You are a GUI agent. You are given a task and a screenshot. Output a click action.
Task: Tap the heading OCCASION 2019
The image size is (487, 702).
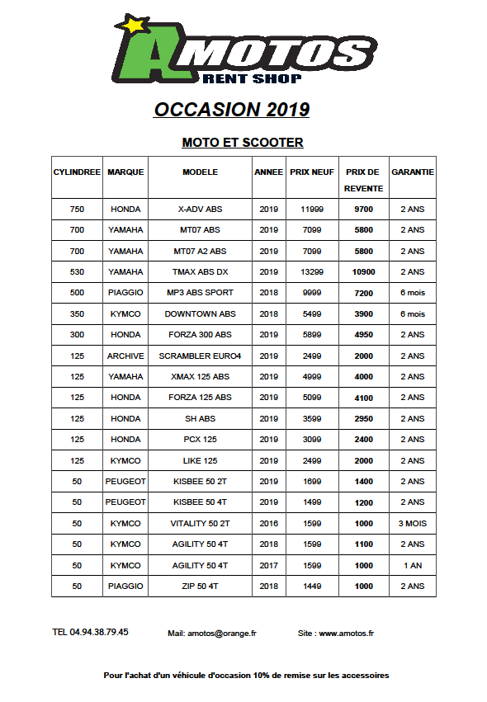232,110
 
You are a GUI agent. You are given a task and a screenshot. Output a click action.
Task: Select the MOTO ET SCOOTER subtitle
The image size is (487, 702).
243,143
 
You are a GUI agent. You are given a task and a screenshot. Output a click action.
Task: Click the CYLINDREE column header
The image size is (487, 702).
77,172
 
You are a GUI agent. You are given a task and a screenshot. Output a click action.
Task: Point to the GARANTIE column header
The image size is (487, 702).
413,172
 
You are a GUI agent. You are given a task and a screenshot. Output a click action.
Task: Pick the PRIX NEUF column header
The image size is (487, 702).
312,172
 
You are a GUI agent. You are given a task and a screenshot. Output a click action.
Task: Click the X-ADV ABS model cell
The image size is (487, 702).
200,210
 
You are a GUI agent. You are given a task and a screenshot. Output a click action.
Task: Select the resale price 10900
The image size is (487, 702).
363,272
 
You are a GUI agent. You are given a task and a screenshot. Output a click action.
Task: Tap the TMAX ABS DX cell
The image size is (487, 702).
200,272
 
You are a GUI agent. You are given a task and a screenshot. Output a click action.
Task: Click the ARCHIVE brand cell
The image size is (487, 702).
125,356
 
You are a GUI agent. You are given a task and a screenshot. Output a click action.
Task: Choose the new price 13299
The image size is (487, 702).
312,272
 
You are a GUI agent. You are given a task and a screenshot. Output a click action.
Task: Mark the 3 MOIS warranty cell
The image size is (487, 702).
412,524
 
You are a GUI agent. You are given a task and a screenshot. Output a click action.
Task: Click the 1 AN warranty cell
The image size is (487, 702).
412,565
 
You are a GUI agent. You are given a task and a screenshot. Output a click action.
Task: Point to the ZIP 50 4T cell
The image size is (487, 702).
200,587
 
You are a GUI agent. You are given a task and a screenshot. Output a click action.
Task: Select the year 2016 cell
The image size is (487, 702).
269,524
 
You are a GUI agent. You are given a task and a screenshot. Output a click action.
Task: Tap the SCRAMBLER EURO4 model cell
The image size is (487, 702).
200,356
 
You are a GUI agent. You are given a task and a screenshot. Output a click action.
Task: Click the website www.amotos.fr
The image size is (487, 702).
347,634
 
